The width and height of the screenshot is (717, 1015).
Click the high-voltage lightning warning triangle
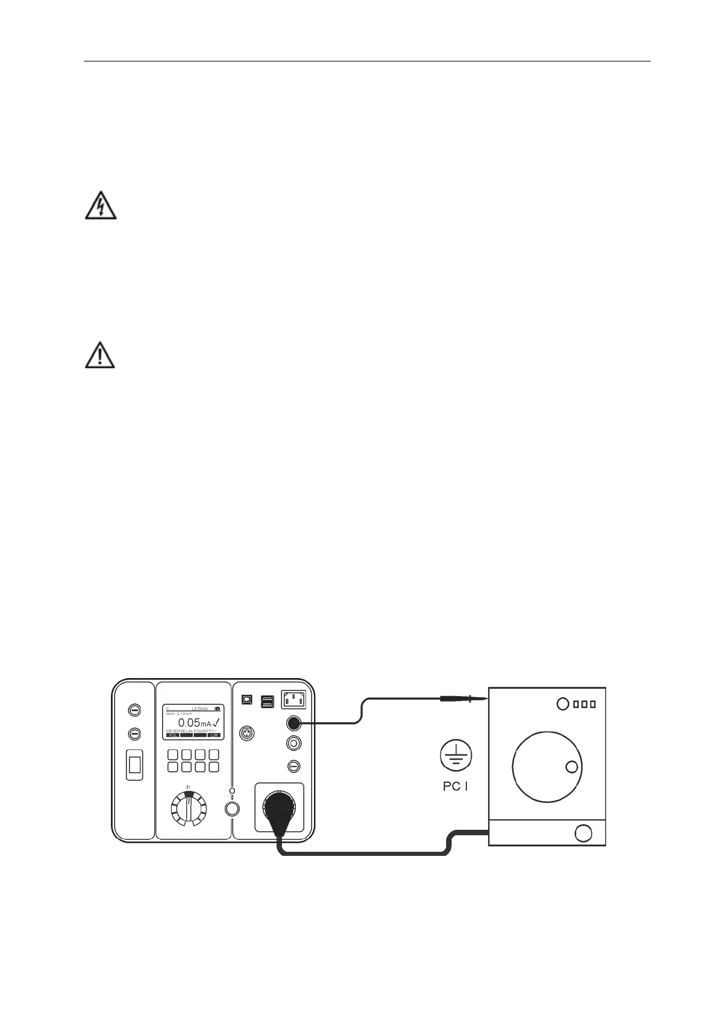(100, 206)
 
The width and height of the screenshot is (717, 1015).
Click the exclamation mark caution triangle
(99, 354)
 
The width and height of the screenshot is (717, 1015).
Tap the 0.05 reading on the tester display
(189, 723)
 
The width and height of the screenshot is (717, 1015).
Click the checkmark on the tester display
(216, 722)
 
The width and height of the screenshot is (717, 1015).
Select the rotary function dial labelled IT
(188, 811)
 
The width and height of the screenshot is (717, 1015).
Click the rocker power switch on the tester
(134, 765)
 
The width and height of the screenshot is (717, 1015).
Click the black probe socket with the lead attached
(295, 723)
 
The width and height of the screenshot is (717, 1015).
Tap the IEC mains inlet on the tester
(293, 700)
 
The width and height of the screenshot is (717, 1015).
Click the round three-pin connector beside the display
(246, 733)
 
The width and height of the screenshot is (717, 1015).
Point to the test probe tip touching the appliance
(482, 699)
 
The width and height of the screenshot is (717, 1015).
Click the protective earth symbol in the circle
(456, 756)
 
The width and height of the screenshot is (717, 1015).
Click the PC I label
(456, 786)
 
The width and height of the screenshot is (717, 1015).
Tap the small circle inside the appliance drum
(572, 767)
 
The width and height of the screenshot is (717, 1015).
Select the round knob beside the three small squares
(563, 703)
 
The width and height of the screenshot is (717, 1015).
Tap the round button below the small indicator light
(231, 809)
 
